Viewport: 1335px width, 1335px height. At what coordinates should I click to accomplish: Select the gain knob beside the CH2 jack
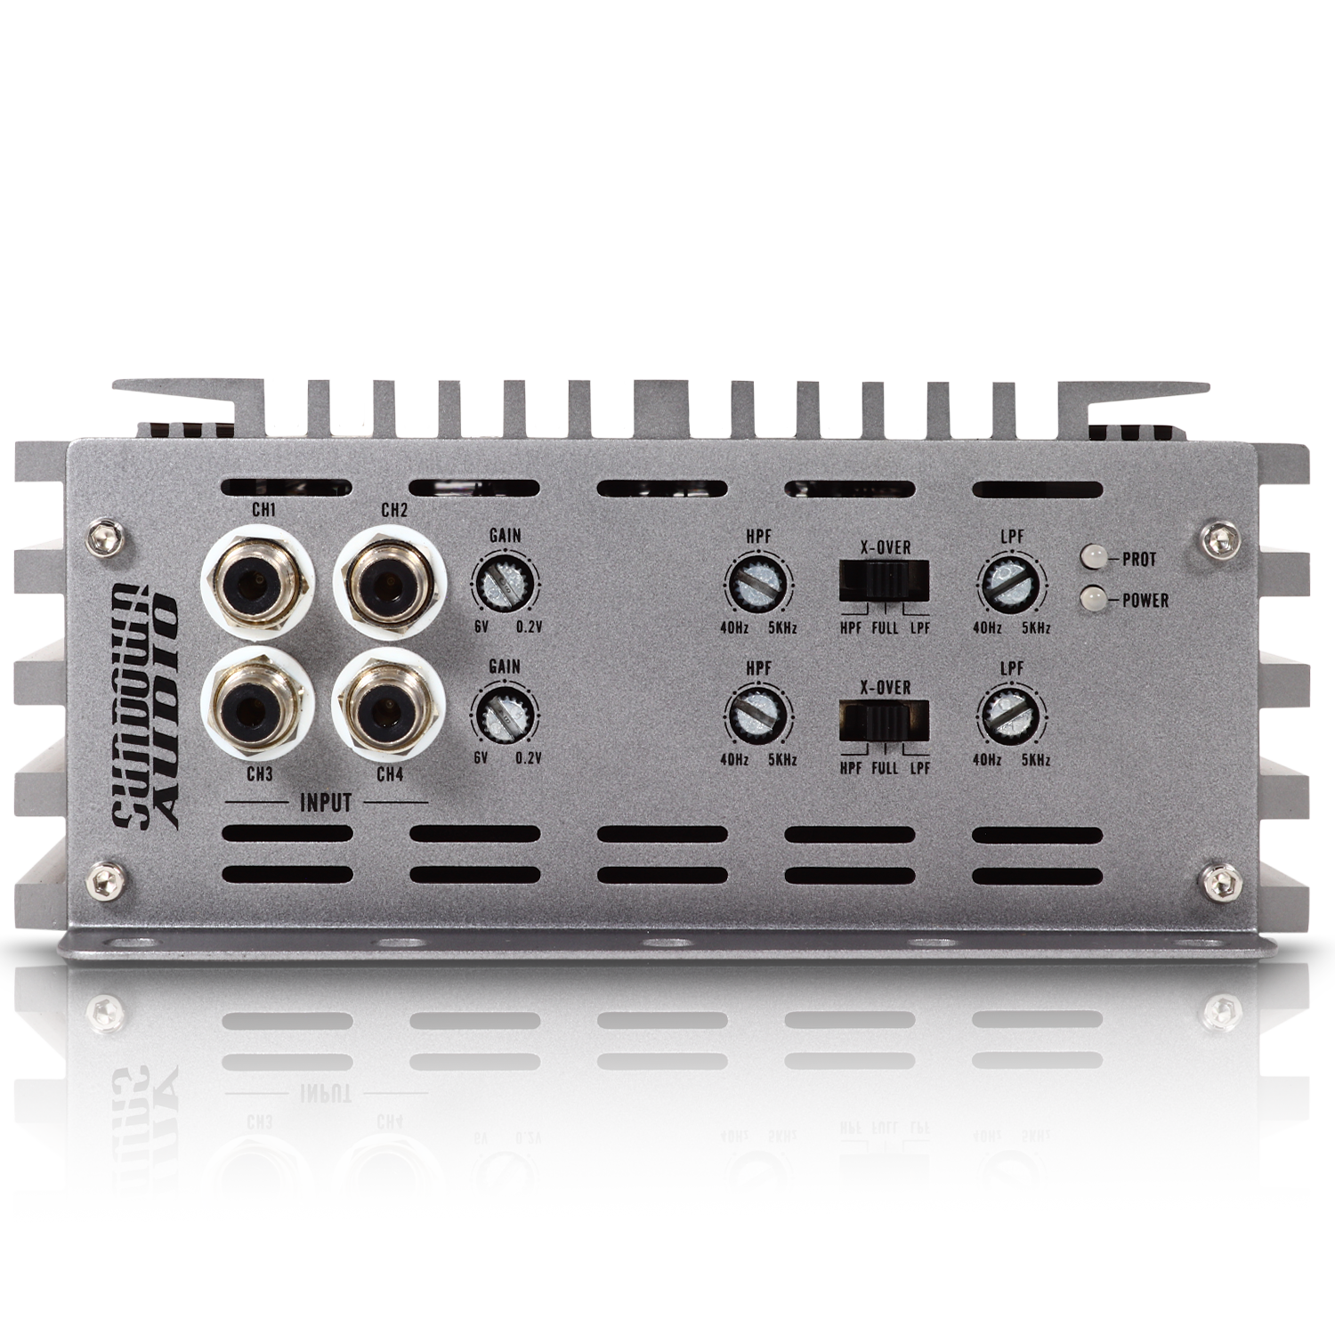(x=504, y=584)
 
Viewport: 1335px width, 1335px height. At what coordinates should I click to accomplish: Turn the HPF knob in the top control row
(x=758, y=584)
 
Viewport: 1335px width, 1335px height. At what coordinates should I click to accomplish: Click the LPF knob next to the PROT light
(x=1011, y=585)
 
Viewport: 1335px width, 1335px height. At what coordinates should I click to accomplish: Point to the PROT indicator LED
(x=1092, y=558)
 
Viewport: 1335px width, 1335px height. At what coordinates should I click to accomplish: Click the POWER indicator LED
(x=1092, y=600)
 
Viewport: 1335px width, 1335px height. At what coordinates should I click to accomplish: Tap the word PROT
(x=1139, y=560)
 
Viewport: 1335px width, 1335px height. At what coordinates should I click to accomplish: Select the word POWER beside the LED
(x=1145, y=600)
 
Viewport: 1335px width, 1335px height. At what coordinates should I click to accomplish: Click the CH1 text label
(x=263, y=511)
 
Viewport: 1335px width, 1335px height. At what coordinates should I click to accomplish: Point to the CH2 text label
(x=394, y=511)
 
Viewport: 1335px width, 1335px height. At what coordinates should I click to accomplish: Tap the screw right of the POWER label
(x=1233, y=537)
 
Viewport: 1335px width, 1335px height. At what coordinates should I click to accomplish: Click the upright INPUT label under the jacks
(x=326, y=802)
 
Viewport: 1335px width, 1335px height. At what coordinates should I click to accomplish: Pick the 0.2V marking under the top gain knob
(x=529, y=627)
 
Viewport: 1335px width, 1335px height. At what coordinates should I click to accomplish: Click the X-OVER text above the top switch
(x=886, y=547)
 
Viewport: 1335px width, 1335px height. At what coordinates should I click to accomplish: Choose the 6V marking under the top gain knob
(x=481, y=627)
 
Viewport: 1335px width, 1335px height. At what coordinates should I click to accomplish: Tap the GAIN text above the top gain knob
(x=506, y=536)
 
